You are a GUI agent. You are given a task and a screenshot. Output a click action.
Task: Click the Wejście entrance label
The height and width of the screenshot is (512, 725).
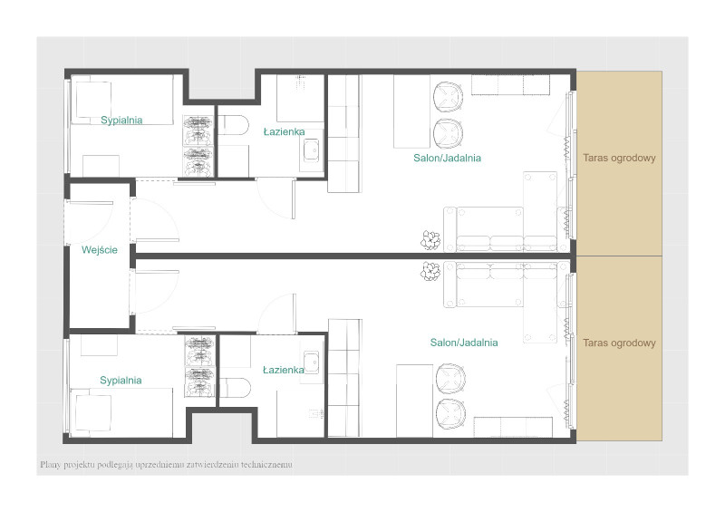[x=100, y=250]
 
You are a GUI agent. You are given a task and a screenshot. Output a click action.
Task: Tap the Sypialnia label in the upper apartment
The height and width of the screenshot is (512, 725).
[x=121, y=121]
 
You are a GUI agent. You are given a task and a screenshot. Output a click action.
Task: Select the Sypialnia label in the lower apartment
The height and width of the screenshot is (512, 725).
[x=121, y=381]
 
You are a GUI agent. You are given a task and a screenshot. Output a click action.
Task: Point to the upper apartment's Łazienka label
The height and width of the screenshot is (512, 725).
[x=284, y=131]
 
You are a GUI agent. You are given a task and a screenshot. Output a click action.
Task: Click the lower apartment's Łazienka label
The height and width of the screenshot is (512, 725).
[x=284, y=370]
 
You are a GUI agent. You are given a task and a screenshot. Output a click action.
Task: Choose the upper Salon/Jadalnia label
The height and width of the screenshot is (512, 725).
[x=447, y=159]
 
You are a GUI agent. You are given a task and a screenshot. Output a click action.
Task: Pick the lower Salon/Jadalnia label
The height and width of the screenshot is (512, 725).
[x=464, y=343]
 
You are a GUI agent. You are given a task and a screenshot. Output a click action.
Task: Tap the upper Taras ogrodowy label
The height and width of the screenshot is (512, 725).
[x=619, y=159]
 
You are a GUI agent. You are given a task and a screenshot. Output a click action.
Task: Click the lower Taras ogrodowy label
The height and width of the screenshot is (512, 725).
[x=619, y=343]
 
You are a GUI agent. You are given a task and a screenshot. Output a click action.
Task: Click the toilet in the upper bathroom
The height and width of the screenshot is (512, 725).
[x=234, y=125]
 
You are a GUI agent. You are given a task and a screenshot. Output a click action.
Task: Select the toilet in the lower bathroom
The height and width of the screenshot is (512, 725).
[x=236, y=388]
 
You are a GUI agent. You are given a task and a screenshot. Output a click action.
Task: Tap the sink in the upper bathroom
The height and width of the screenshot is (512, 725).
[x=311, y=150]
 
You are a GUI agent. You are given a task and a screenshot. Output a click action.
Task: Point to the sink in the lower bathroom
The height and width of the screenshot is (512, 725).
[x=311, y=362]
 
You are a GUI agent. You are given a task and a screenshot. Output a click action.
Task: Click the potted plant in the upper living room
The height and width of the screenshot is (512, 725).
[x=430, y=240]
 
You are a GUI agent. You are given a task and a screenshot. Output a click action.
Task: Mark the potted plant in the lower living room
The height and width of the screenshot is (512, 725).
[x=430, y=271]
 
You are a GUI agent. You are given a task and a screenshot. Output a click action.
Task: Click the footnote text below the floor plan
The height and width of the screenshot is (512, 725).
[x=166, y=464]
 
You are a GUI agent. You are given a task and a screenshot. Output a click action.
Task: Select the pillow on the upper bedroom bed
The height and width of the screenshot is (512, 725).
[x=93, y=100]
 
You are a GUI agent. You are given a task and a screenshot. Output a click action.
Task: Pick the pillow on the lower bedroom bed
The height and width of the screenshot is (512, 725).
[x=93, y=413]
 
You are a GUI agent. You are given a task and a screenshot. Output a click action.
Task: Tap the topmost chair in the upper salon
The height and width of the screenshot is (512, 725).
[x=448, y=97]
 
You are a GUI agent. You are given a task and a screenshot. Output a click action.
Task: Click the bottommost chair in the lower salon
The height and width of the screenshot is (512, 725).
[x=450, y=414]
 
